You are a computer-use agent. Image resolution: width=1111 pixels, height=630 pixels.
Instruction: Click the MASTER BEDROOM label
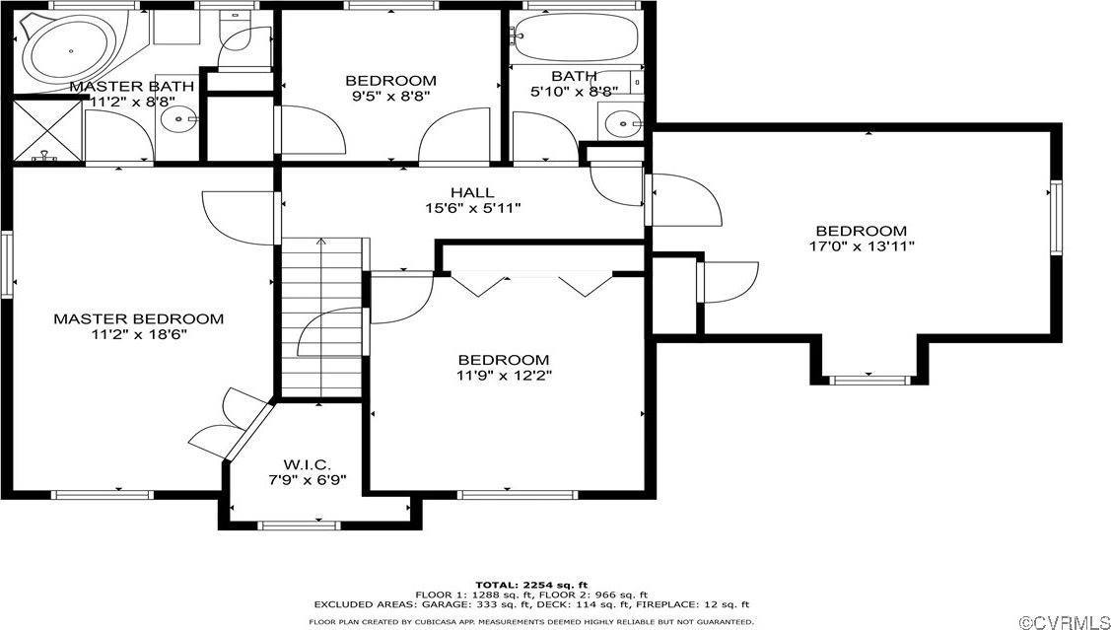pyautogui.click(x=138, y=318)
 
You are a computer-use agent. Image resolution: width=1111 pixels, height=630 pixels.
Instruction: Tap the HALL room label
pyautogui.click(x=472, y=192)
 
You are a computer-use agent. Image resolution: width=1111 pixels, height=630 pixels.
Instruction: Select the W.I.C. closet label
pyautogui.click(x=307, y=463)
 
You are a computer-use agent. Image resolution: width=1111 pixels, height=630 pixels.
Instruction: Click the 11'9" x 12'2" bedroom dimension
pyautogui.click(x=503, y=376)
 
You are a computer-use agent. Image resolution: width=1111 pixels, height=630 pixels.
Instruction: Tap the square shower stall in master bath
pyautogui.click(x=44, y=130)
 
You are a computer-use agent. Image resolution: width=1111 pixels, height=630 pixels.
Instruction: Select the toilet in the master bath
pyautogui.click(x=236, y=39)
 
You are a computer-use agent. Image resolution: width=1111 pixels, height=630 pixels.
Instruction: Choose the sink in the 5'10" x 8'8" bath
pyautogui.click(x=622, y=123)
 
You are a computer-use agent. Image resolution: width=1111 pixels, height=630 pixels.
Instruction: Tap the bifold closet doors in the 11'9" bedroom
pyautogui.click(x=533, y=284)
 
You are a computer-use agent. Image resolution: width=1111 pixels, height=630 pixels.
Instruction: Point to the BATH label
pyautogui.click(x=573, y=76)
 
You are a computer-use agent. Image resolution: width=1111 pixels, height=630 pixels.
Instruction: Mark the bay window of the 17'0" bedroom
pyautogui.click(x=868, y=377)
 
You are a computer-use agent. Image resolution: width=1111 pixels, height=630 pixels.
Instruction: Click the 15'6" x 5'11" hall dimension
pyautogui.click(x=472, y=208)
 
